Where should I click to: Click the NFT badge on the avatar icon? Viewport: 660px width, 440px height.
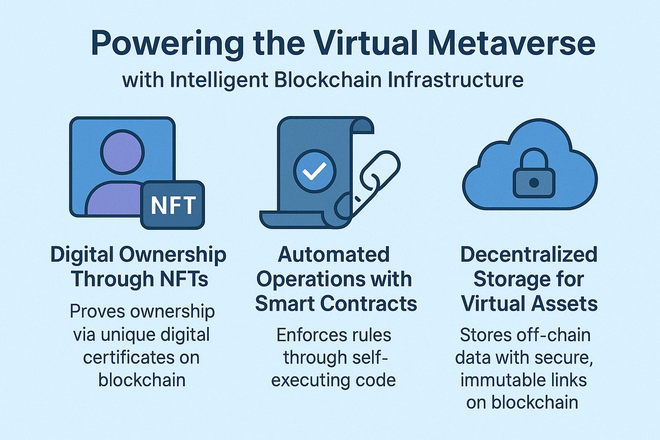click(173, 205)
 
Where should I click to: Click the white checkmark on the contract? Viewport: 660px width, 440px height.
click(314, 172)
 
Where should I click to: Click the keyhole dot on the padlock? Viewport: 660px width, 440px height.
click(534, 183)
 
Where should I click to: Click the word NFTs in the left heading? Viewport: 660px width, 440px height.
click(183, 279)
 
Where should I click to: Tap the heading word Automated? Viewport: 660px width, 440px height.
click(334, 255)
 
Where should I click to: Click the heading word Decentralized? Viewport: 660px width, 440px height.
click(529, 255)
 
